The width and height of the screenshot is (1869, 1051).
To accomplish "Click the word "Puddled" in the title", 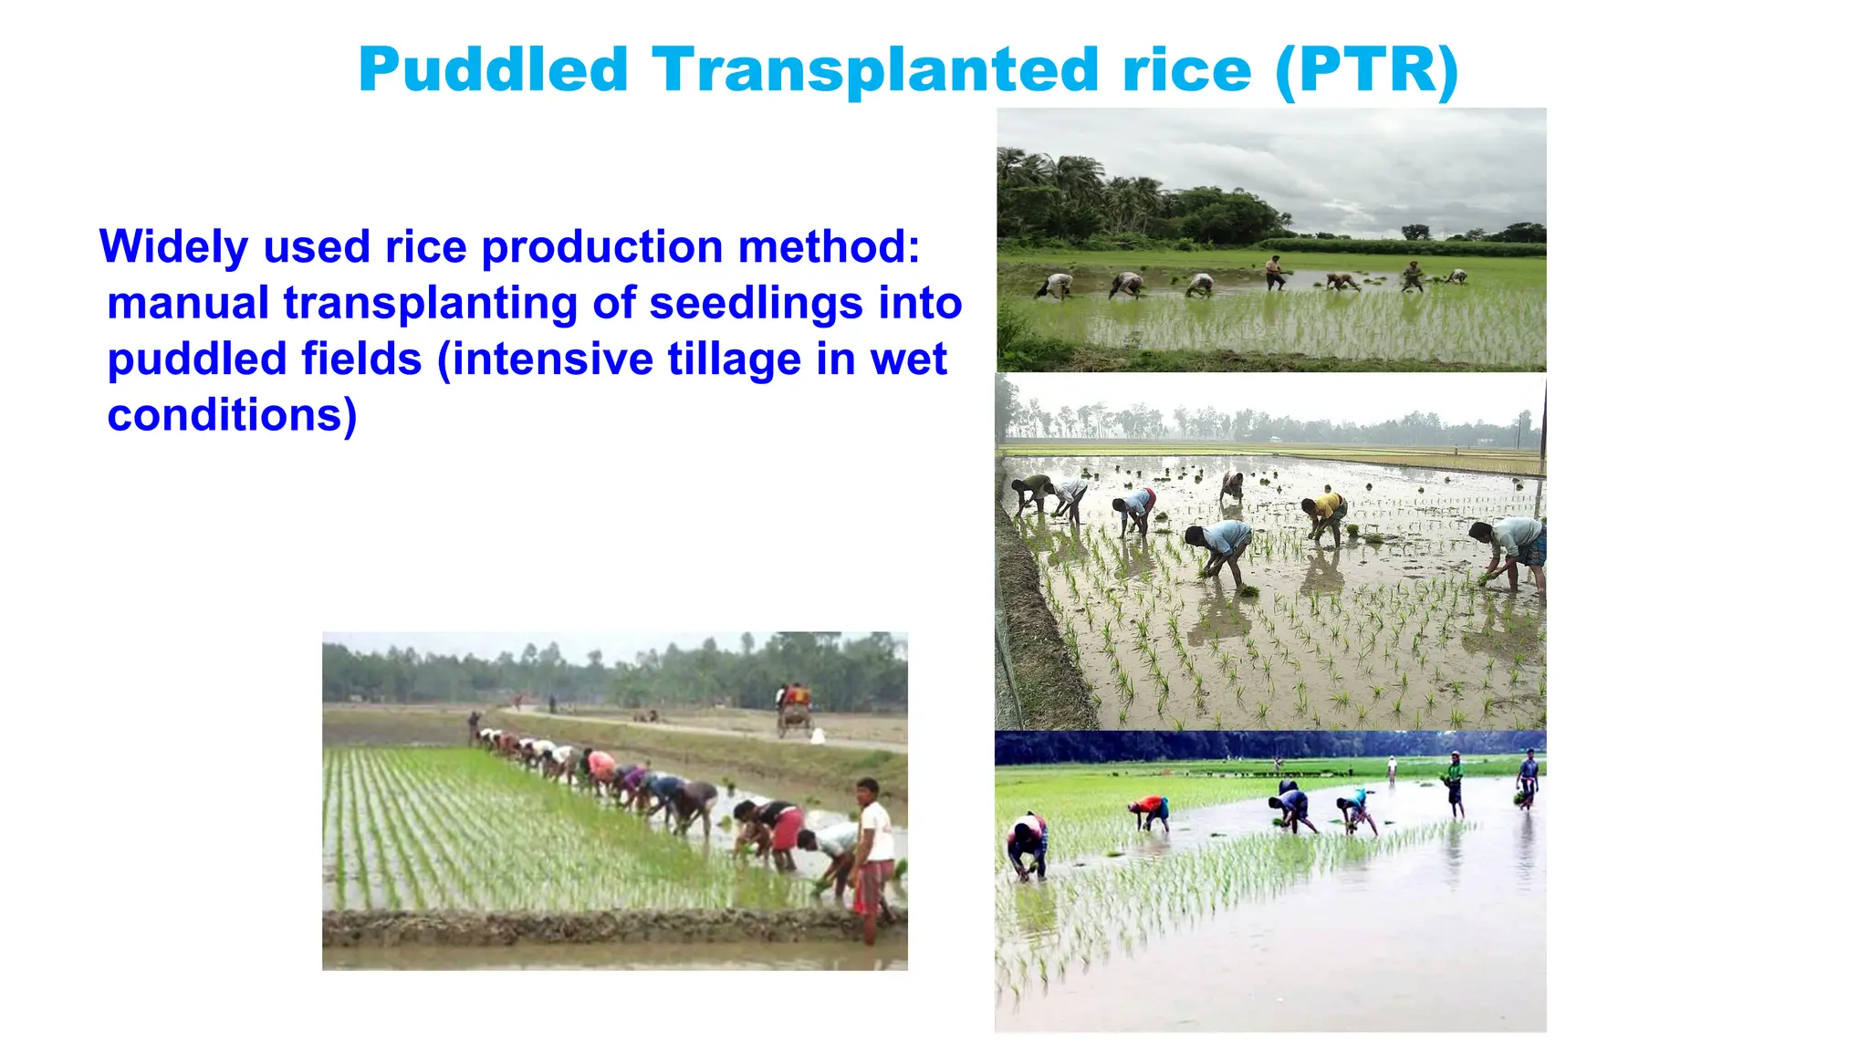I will [493, 70].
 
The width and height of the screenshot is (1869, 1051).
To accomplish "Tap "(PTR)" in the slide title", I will [1366, 70].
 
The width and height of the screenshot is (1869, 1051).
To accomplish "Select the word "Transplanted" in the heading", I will [874, 70].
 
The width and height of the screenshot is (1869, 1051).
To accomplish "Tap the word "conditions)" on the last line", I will [232, 415].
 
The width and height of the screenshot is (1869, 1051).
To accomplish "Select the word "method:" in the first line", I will [829, 247].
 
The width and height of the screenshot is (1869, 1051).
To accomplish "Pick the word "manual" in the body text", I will [188, 303].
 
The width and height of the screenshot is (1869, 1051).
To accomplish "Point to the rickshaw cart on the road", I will [793, 709].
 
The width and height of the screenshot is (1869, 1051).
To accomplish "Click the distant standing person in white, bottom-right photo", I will [1392, 769].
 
